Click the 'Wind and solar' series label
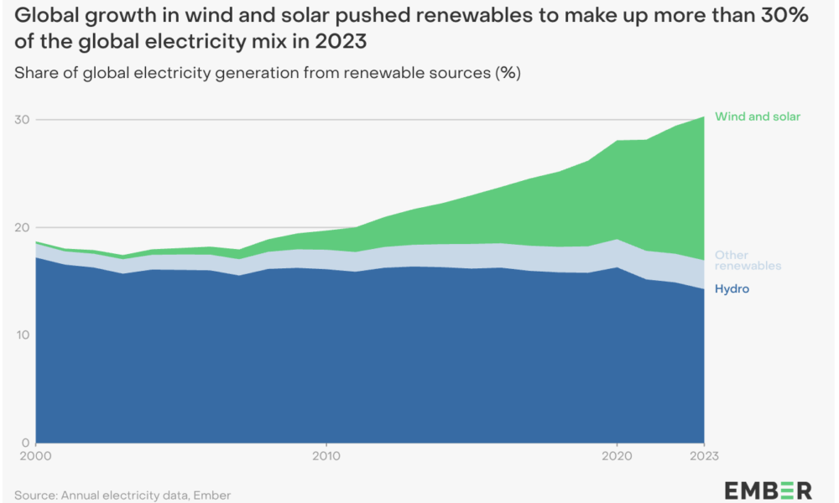(x=758, y=117)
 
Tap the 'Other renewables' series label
(x=748, y=261)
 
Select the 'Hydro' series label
(x=732, y=289)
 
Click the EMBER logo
(x=768, y=490)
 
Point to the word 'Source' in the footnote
(x=34, y=495)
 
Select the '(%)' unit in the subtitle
(x=508, y=73)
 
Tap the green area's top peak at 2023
(x=703, y=117)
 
